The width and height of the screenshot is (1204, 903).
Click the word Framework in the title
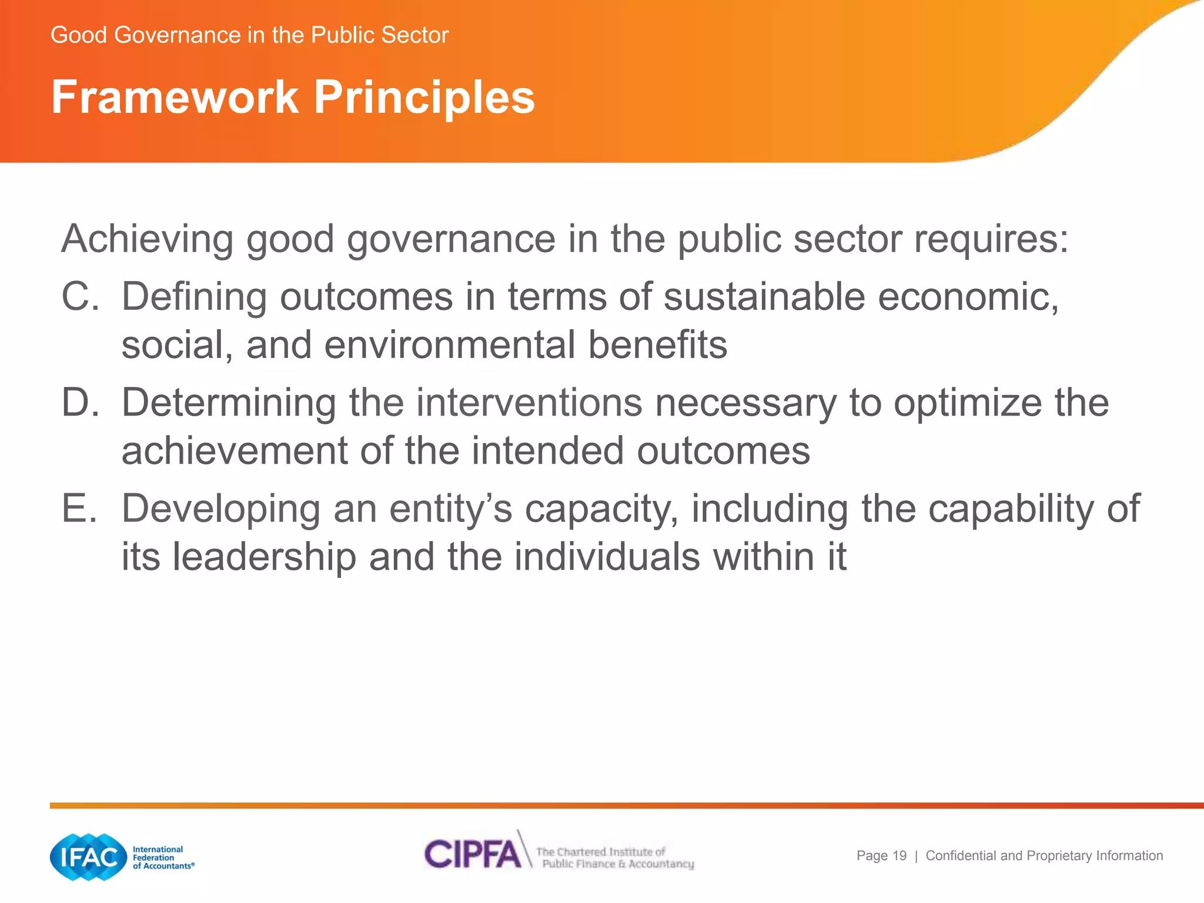click(x=175, y=97)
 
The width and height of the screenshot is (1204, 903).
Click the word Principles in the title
click(x=424, y=97)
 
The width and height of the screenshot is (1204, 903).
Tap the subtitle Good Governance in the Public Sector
click(x=249, y=35)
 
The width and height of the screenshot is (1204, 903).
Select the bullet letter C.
click(x=79, y=296)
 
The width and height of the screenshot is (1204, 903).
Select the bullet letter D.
click(x=79, y=403)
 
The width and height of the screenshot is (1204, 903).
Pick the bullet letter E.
click(x=78, y=509)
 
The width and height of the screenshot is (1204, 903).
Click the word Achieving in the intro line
click(x=147, y=239)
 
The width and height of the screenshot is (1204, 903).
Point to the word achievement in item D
click(x=235, y=451)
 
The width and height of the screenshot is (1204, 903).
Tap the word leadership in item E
click(x=264, y=557)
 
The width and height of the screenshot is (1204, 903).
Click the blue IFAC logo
click(x=89, y=857)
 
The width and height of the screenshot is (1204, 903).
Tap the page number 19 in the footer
click(x=899, y=856)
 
